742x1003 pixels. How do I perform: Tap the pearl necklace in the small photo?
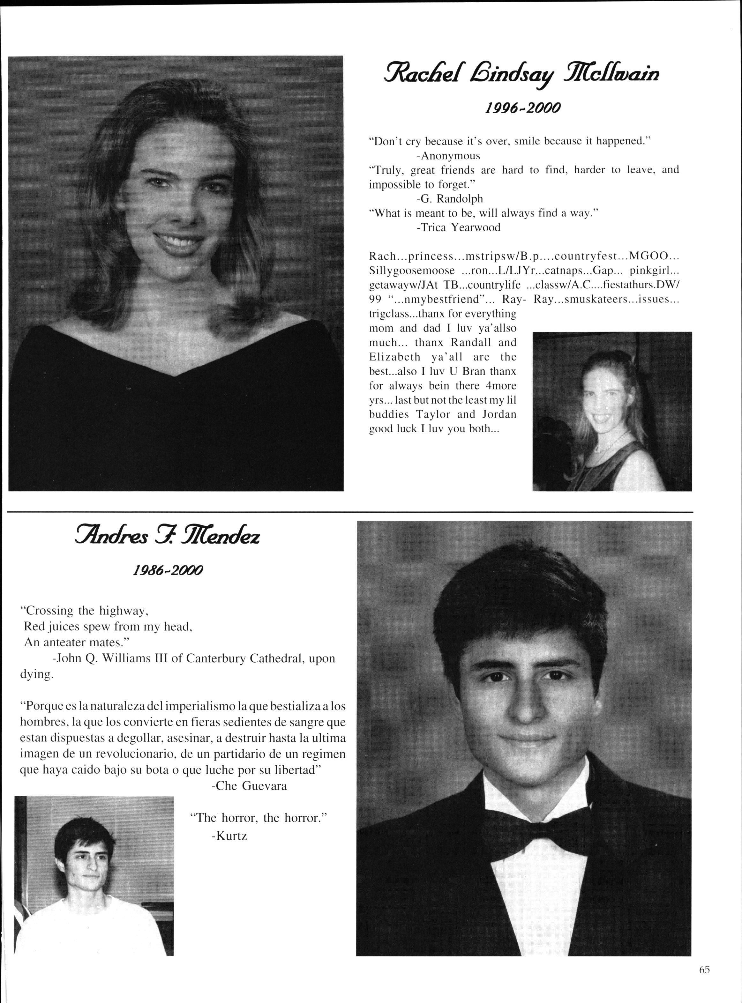click(611, 441)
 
